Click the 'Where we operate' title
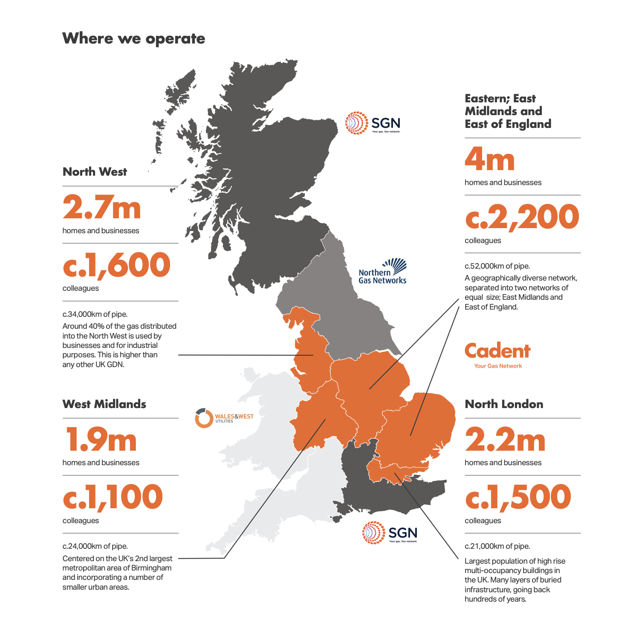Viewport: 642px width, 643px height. (x=133, y=39)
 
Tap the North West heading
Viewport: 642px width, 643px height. (x=95, y=172)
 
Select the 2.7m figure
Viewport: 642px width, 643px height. (x=101, y=208)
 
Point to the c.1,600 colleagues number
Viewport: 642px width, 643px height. (x=116, y=265)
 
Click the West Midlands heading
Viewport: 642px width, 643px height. (x=104, y=404)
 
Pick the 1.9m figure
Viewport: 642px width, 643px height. (x=101, y=440)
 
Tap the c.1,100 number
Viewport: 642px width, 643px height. (x=113, y=497)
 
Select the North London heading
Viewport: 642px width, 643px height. (x=504, y=404)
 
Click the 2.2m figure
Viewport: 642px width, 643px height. (x=505, y=440)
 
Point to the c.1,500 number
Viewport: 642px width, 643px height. (x=518, y=497)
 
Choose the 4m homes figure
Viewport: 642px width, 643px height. (x=489, y=159)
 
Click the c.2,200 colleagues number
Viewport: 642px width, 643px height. (x=522, y=217)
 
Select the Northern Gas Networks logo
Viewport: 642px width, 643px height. (x=382, y=272)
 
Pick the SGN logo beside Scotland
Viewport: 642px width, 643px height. (x=373, y=123)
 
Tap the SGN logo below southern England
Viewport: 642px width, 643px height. (x=390, y=533)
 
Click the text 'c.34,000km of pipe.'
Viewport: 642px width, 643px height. (x=95, y=314)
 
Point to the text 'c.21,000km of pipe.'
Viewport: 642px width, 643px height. (x=497, y=546)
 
